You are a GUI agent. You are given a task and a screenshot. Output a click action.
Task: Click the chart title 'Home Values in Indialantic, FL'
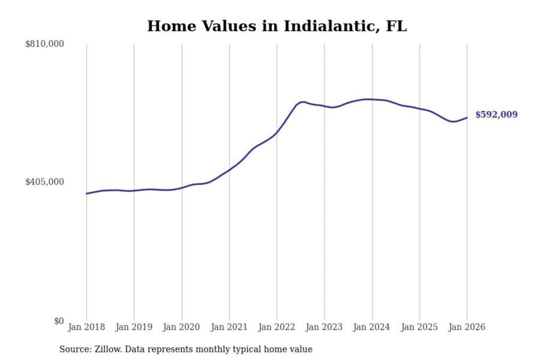[x=277, y=26]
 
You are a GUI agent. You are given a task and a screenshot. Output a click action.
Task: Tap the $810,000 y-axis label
[x=45, y=44]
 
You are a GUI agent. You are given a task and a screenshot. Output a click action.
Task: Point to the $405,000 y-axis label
[x=45, y=182]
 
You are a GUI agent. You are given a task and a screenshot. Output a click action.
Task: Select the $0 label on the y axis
[x=59, y=321]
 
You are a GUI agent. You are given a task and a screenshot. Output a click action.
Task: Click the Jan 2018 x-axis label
[x=86, y=327]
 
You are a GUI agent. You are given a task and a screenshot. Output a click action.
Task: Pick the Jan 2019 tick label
[x=134, y=327]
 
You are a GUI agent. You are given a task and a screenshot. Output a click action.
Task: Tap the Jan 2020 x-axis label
[x=181, y=327]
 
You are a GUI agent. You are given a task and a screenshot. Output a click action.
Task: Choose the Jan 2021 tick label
[x=229, y=327]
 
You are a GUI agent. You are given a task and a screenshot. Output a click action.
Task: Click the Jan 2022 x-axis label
[x=277, y=327]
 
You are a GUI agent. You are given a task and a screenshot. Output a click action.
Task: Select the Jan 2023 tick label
[x=324, y=327]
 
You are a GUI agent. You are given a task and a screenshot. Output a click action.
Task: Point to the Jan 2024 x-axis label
[x=372, y=327]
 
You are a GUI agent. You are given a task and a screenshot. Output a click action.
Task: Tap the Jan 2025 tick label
[x=419, y=327]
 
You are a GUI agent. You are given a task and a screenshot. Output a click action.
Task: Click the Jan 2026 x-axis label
[x=467, y=327]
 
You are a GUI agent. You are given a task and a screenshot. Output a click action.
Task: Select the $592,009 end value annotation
[x=496, y=115]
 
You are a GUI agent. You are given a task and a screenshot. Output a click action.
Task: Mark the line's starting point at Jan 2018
[x=87, y=193]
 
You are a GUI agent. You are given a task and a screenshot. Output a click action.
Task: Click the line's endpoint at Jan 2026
[x=467, y=118]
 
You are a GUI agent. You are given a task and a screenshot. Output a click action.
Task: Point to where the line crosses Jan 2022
[x=277, y=133]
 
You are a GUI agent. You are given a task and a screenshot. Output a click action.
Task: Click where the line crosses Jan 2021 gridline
[x=229, y=169]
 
